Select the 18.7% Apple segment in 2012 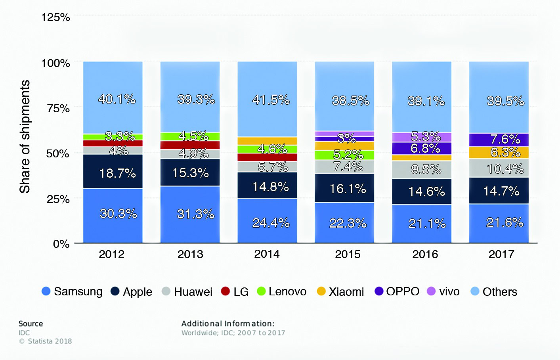[113, 171]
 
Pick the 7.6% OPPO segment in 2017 [499, 140]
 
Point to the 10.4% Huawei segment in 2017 [499, 168]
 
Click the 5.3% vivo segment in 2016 [421, 137]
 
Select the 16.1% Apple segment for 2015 [344, 188]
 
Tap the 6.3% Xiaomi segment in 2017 [499, 152]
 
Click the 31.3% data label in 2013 [195, 214]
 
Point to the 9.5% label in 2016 [426, 169]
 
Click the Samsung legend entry [72, 292]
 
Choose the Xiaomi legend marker [321, 291]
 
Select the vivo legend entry [443, 292]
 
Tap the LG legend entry [235, 292]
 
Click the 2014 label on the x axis [267, 254]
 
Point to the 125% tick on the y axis [55, 17]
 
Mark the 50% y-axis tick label [58, 153]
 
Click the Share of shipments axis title [25, 137]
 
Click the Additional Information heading [227, 324]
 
